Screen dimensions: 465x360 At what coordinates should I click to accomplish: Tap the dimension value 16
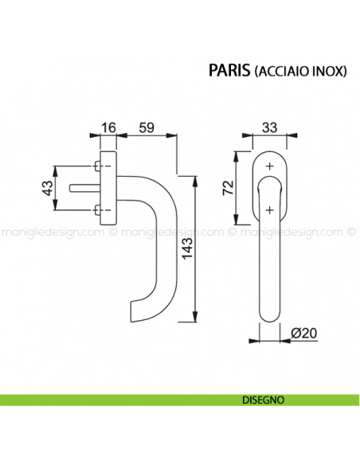click(x=108, y=126)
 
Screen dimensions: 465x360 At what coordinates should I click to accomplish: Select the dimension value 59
click(x=146, y=126)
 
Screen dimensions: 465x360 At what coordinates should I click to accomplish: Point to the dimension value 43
click(x=47, y=189)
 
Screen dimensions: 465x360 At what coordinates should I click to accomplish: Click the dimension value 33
click(x=270, y=126)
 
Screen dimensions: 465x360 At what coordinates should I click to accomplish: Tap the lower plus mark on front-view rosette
click(x=270, y=210)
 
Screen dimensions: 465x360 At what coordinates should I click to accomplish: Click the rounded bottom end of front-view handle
click(x=270, y=316)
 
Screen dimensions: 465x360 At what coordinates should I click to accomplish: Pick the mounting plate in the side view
click(x=109, y=188)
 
